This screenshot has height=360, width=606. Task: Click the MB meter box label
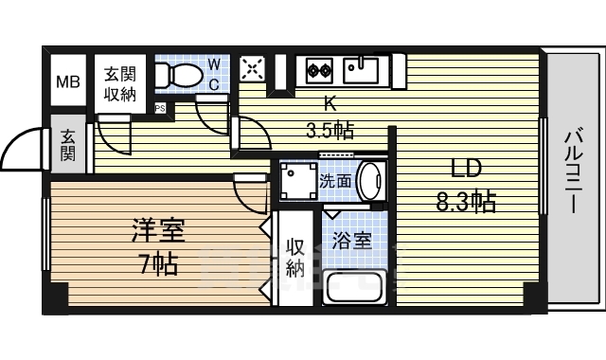point(68,81)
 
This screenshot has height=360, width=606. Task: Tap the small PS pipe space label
point(160,109)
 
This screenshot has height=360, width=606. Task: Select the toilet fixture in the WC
point(178,76)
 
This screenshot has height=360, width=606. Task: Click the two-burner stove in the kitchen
point(320,70)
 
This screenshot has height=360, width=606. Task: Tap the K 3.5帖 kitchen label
point(330,117)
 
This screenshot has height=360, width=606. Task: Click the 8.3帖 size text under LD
point(466,201)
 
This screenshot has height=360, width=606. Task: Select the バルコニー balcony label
point(575,171)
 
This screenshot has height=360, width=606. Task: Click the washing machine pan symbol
point(298,181)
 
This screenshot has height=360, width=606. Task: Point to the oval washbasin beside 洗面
point(371,181)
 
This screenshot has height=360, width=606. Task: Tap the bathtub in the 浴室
point(356,286)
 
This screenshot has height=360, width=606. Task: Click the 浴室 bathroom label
point(352,241)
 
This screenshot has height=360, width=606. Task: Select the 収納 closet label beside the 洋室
point(295,258)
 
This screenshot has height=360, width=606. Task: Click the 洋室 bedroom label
point(158,230)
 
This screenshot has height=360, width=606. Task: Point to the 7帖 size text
point(158,264)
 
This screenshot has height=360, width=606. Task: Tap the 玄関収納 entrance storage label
point(120,84)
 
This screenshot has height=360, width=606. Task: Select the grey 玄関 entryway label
point(68,146)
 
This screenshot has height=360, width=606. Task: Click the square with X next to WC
point(253,68)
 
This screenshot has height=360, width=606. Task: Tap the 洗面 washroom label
point(335,181)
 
